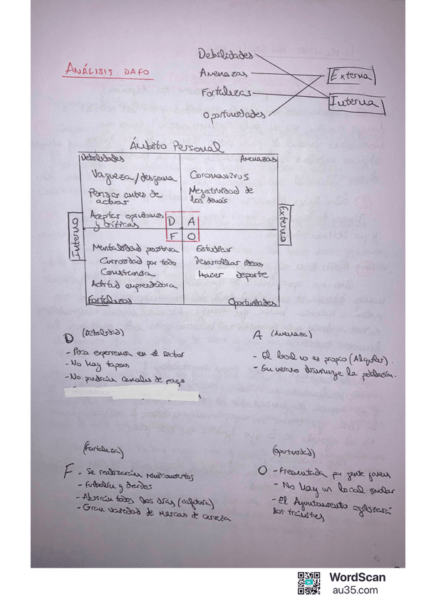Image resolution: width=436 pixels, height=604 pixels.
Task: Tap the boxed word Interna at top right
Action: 354,104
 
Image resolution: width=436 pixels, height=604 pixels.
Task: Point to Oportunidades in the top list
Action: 234,114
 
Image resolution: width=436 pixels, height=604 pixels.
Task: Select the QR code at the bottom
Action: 308,583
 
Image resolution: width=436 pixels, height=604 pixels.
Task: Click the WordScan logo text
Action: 357,578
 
